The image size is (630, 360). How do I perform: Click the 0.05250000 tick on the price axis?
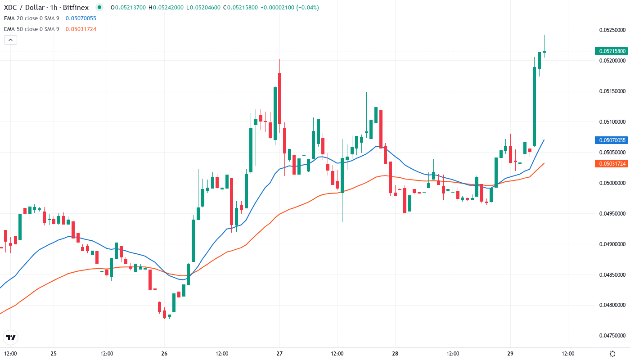[612, 30]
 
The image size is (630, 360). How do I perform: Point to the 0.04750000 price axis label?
[612, 336]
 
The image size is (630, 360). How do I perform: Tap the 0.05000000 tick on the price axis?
[612, 183]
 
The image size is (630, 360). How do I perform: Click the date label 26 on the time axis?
[164, 354]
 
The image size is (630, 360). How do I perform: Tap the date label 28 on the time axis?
[395, 354]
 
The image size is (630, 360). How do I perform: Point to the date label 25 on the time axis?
[54, 354]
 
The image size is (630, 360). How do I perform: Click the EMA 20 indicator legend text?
[31, 18]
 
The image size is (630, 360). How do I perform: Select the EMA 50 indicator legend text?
[31, 29]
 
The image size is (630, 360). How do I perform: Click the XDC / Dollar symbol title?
[27, 7]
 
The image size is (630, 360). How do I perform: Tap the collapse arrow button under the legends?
[10, 40]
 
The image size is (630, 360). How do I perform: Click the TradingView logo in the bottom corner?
[11, 337]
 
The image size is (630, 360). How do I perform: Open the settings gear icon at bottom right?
[612, 354]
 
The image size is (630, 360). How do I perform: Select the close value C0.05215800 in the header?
[242, 7]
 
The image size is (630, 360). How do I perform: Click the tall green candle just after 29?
[534, 106]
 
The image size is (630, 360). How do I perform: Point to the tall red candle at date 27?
[279, 98]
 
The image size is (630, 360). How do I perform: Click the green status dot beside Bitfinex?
[99, 7]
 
